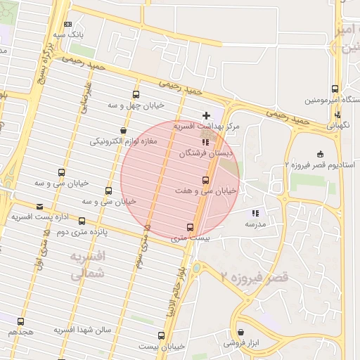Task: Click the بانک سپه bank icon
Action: (x=67, y=24)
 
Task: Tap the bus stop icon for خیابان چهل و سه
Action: (x=136, y=94)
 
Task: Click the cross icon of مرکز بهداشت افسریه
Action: (x=206, y=115)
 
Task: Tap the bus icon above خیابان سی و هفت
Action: (x=205, y=180)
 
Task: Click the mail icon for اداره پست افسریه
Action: (x=39, y=207)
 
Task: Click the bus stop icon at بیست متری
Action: (x=190, y=227)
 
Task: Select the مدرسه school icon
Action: (x=255, y=213)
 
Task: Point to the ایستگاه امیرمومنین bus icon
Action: (x=335, y=89)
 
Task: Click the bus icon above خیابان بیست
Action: (x=162, y=335)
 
